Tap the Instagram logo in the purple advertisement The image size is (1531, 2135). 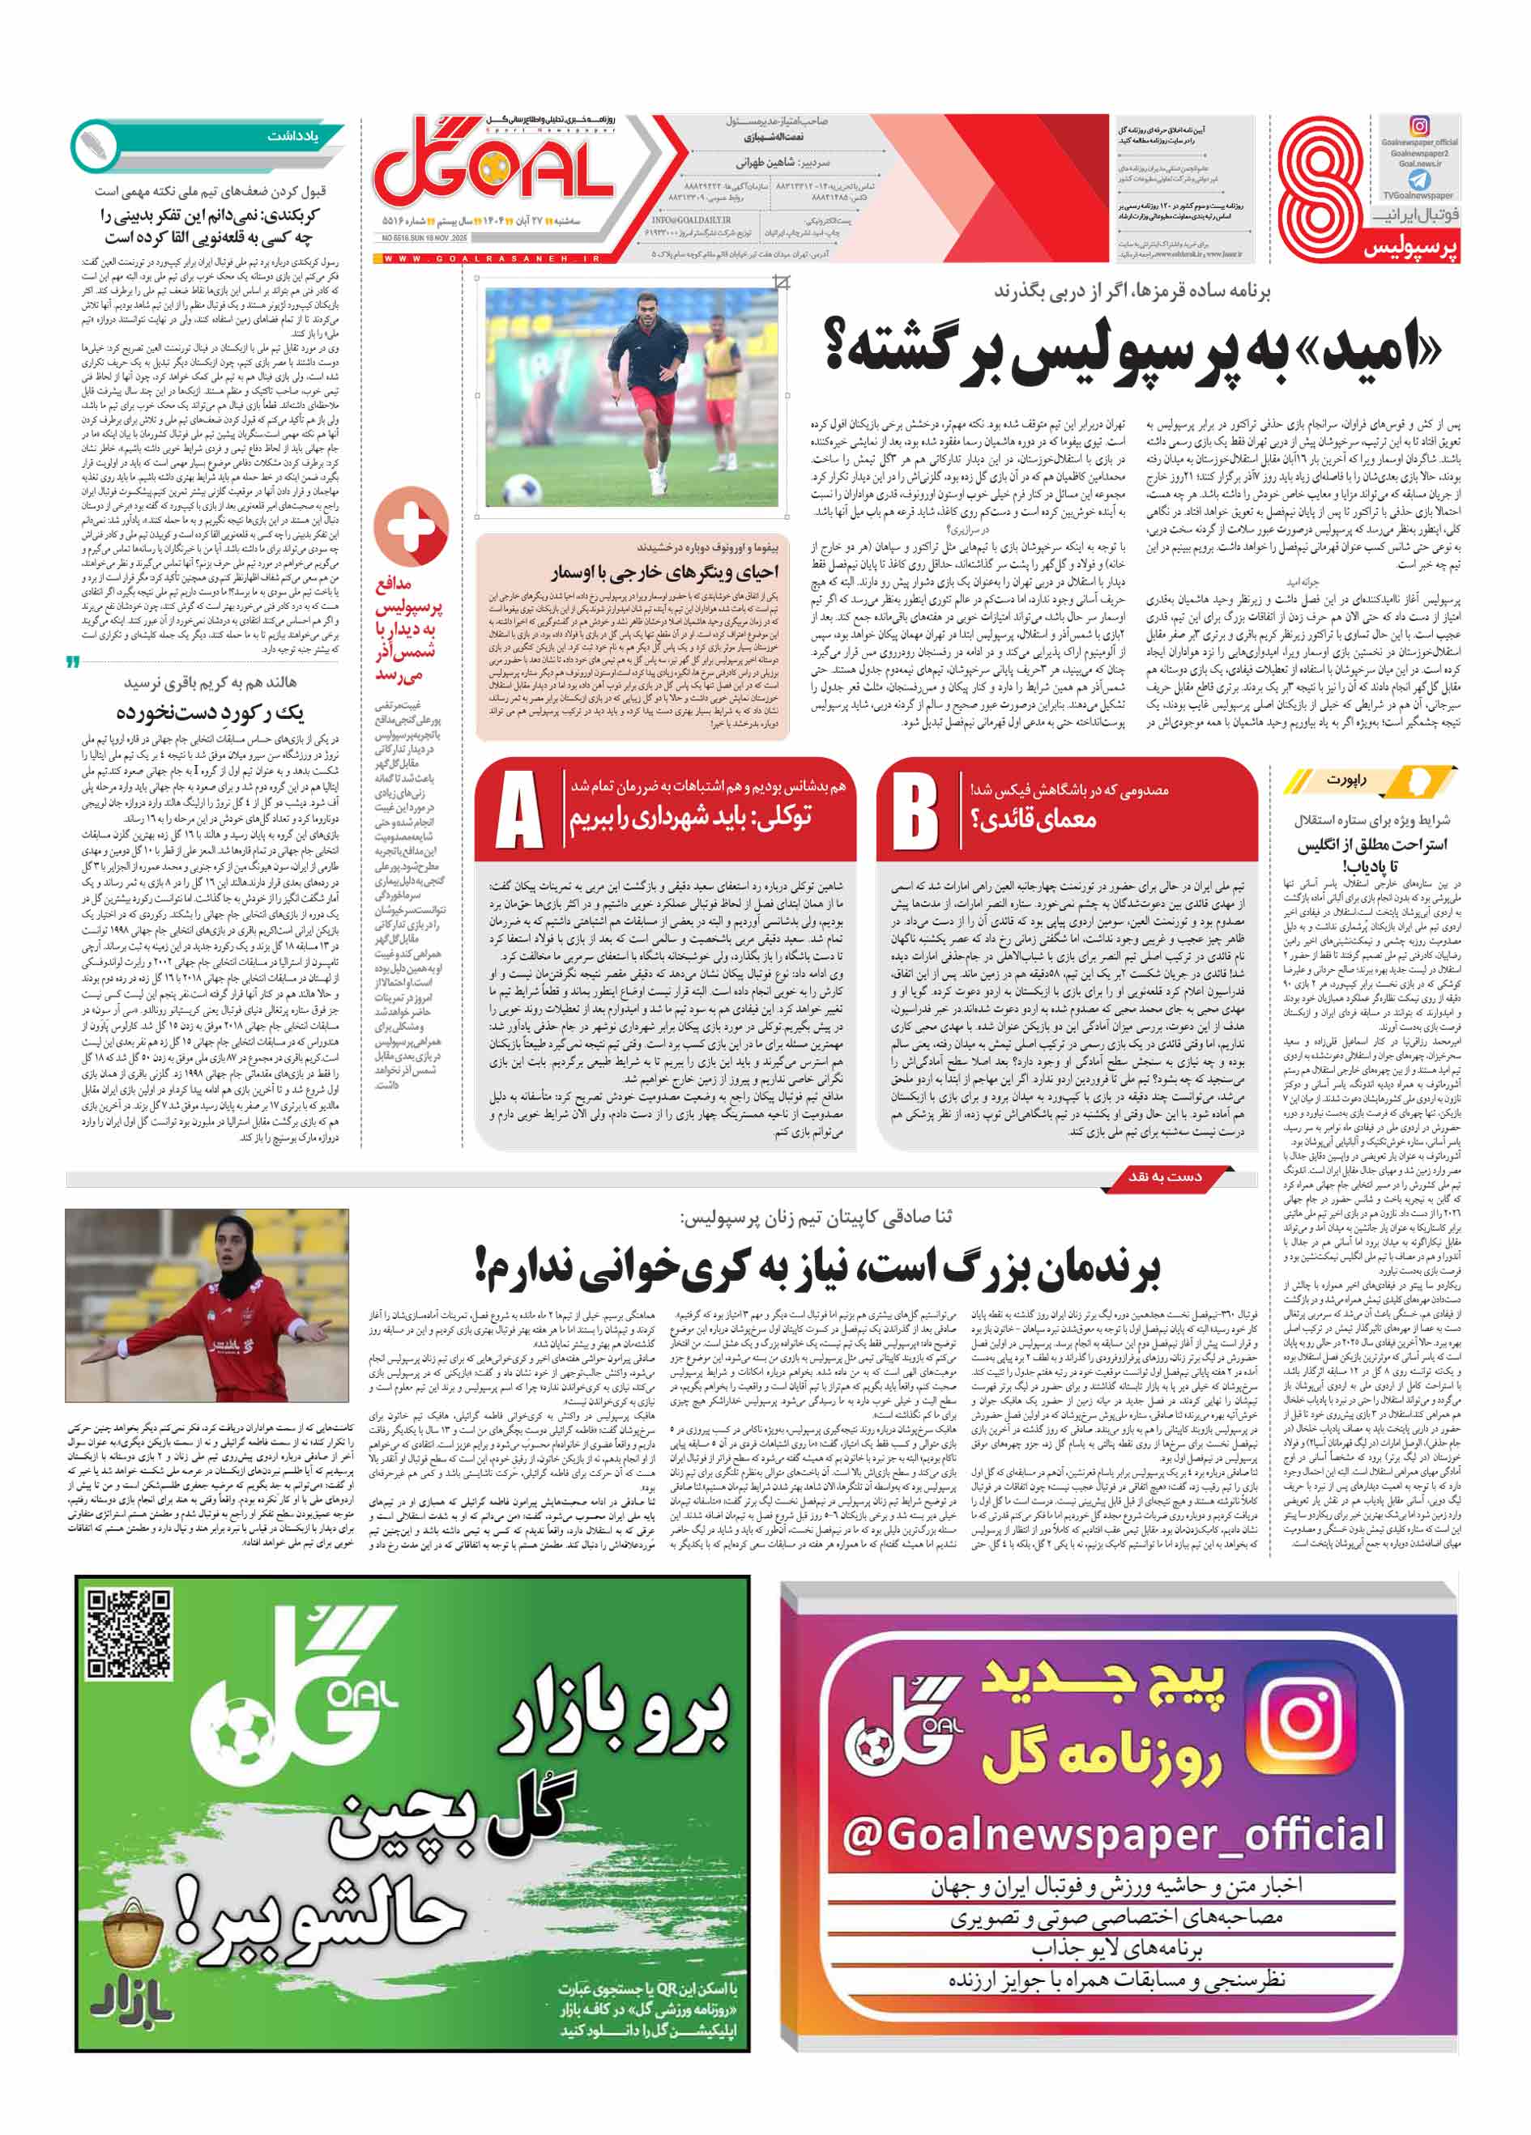pyautogui.click(x=1301, y=1712)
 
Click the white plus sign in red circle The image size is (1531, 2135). pyautogui.click(x=411, y=525)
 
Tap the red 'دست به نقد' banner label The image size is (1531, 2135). pyautogui.click(x=1165, y=1176)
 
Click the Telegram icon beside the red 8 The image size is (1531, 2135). pyautogui.click(x=1418, y=179)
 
